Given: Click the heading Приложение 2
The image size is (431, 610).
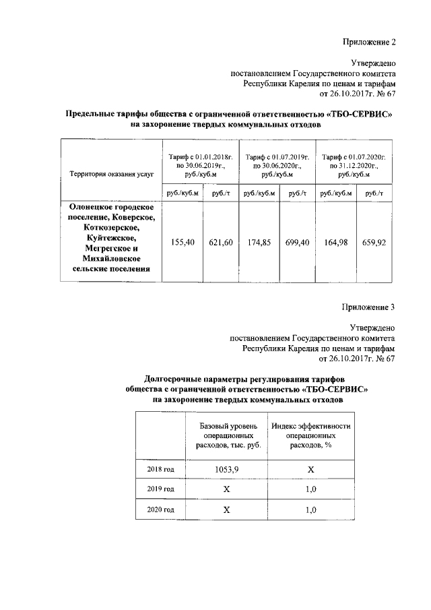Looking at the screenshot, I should [369, 42].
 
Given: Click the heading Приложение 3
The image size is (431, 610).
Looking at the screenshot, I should [369, 307].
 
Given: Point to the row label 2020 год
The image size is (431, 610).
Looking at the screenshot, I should [161, 510].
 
